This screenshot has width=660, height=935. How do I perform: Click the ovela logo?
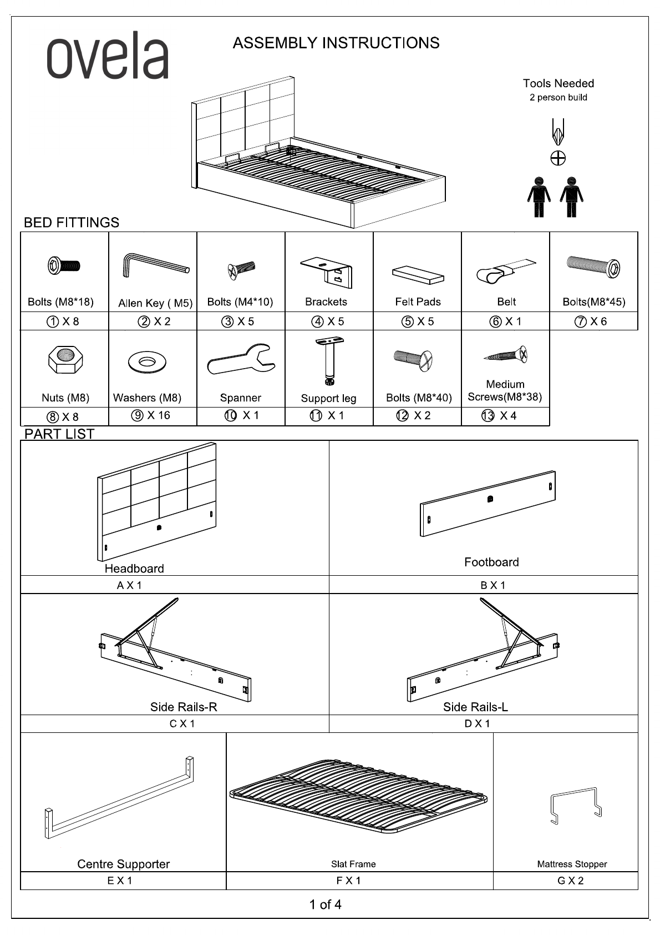[x=108, y=56]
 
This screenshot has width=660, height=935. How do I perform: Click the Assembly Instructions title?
[x=336, y=43]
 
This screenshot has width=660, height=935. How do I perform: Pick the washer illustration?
[x=147, y=362]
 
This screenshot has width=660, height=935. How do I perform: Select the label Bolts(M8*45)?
[x=593, y=302]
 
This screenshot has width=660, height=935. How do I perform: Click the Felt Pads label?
[x=418, y=301]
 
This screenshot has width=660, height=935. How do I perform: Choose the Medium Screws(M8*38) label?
[x=505, y=391]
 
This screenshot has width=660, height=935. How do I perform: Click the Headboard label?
[x=134, y=569]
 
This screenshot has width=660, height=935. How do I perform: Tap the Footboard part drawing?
[x=488, y=504]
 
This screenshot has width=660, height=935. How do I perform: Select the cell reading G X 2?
[x=570, y=881]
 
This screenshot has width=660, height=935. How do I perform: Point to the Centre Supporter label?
[x=123, y=864]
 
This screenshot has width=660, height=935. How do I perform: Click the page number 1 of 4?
[x=325, y=904]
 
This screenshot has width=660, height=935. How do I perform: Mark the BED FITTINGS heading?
[x=72, y=223]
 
